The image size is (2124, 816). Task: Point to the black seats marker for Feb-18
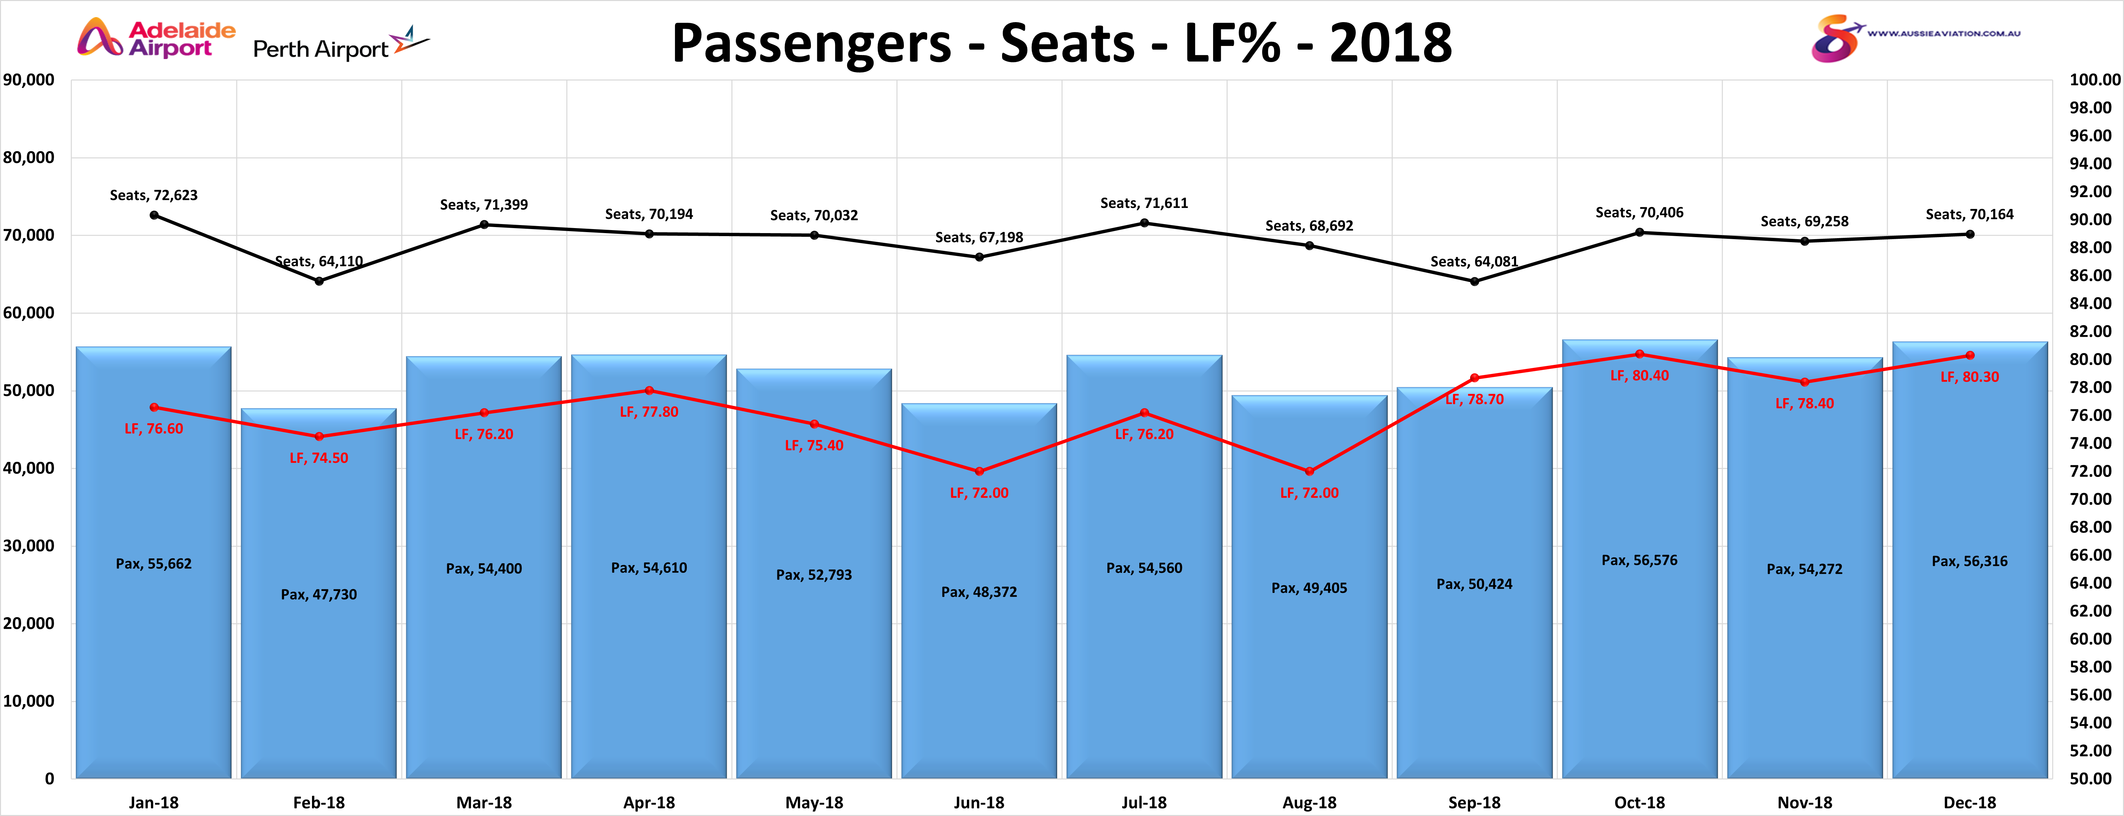(x=319, y=281)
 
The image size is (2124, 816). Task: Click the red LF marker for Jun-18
(x=980, y=472)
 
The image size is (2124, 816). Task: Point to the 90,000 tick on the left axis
(x=29, y=80)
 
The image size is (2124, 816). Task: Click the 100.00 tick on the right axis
(x=2094, y=80)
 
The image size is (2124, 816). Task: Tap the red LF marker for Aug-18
(x=1309, y=472)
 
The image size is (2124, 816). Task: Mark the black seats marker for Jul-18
(x=1144, y=223)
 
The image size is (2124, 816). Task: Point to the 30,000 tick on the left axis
(x=29, y=546)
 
